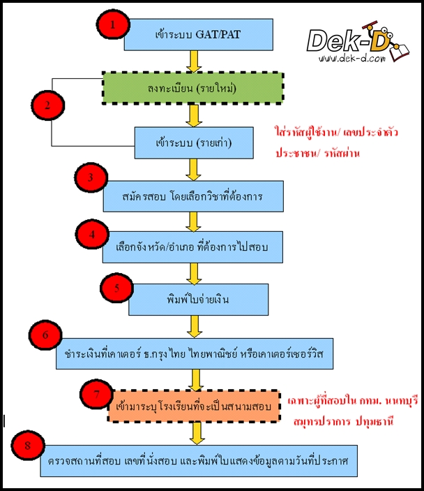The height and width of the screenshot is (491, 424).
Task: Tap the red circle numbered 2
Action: point(47,106)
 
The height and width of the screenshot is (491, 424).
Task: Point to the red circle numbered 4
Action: point(91,235)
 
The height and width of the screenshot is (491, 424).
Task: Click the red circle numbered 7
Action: point(96,394)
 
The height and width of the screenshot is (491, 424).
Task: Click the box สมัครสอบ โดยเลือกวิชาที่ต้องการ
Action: point(193,196)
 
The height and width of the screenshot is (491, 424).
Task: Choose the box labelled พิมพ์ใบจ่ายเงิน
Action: point(190,299)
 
